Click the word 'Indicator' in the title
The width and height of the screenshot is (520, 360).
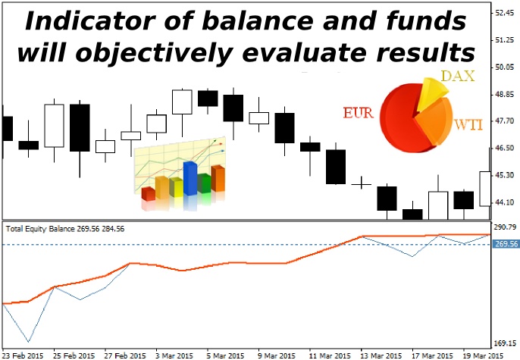89,21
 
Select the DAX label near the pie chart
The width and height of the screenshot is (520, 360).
458,77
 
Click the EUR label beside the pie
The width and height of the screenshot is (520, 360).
358,113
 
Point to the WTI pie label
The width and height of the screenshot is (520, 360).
468,125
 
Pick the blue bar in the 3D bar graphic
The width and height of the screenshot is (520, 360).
190,178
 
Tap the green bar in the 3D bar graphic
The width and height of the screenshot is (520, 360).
205,183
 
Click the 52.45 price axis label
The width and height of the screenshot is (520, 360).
504,13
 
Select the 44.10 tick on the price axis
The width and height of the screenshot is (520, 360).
504,202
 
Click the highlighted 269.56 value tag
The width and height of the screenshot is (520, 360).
506,244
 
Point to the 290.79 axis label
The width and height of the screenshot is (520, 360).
505,227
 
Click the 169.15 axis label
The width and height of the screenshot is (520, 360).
505,343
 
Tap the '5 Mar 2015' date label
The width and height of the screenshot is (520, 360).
225,355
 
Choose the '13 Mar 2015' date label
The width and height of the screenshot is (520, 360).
381,355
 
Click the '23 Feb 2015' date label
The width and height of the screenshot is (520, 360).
22,355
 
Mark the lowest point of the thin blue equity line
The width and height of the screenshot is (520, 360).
29,342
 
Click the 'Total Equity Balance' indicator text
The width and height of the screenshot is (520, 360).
41,229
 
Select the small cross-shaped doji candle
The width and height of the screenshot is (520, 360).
361,184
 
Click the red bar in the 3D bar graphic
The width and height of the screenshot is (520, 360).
149,194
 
